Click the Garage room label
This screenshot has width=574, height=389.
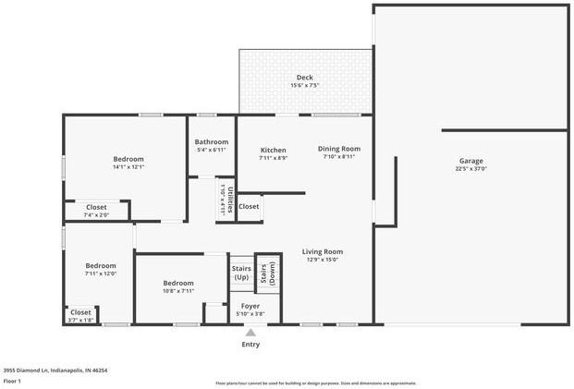[x=470, y=161]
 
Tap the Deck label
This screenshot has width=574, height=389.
[x=304, y=78]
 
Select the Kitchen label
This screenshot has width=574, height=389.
[x=273, y=150]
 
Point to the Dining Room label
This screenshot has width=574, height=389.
[x=339, y=149]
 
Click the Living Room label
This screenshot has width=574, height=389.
[x=322, y=251]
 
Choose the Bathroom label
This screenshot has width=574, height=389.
[x=211, y=141]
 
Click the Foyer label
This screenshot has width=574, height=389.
[x=250, y=306]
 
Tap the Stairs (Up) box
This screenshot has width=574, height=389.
[x=241, y=274]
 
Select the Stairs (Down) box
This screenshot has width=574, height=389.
[x=267, y=273]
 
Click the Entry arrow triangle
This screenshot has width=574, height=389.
[x=250, y=333]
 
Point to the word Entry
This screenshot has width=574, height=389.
[x=250, y=345]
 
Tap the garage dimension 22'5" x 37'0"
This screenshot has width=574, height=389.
[x=470, y=169]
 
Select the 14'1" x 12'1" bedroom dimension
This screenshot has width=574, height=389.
[x=128, y=167]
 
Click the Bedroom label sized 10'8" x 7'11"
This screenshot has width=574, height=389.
[x=178, y=283]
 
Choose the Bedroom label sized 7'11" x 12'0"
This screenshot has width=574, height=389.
[x=101, y=265]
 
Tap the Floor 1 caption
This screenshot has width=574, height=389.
[x=12, y=380]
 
